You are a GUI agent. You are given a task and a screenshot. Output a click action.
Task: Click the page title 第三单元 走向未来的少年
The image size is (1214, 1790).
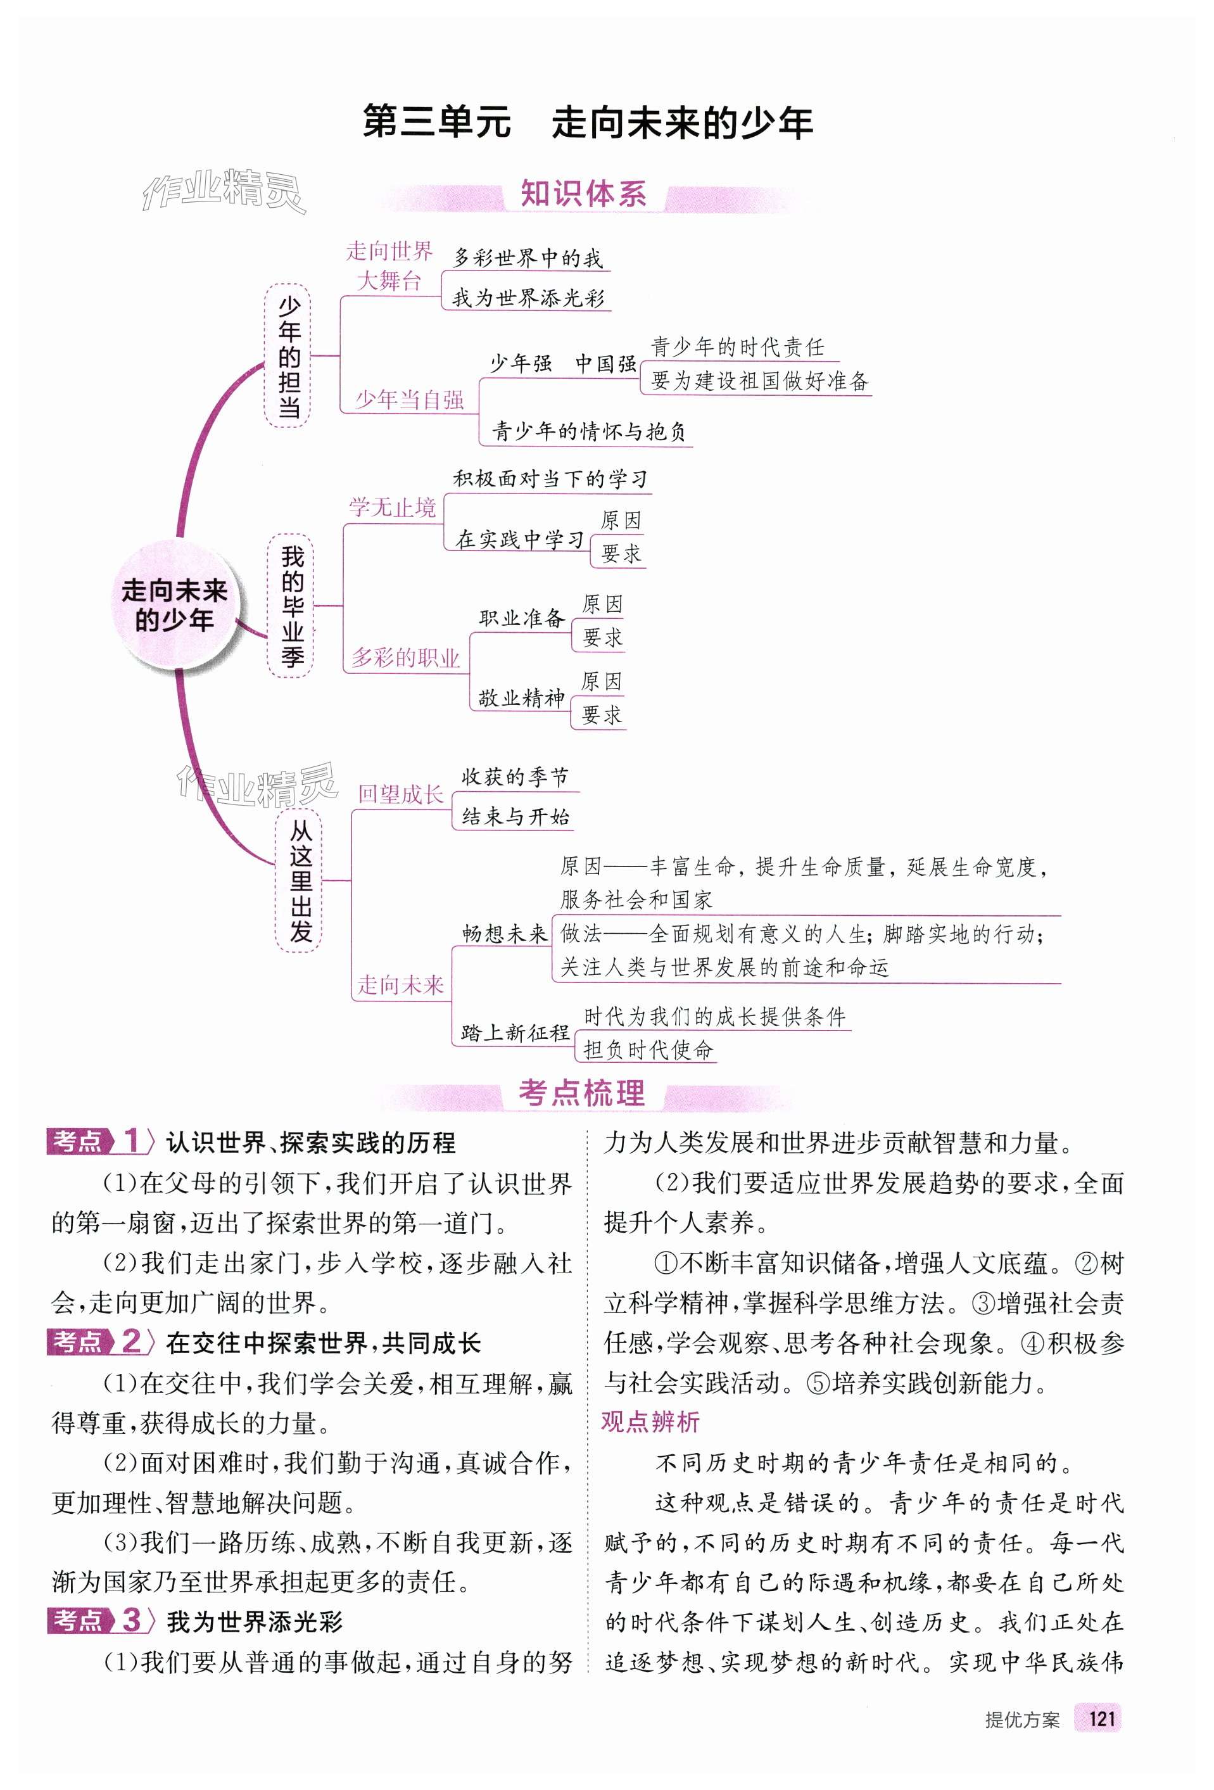587,124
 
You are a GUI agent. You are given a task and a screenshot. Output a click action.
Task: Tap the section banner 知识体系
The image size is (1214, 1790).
583,194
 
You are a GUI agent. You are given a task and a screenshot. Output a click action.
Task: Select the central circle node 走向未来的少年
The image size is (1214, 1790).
175,606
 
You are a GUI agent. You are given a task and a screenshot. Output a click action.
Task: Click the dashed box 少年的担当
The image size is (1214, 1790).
288,356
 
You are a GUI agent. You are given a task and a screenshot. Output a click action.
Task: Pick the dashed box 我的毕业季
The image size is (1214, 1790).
292,606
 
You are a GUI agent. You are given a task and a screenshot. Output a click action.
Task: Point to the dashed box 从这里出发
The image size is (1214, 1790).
300,880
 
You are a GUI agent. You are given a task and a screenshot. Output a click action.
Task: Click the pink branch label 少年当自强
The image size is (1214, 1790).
409,400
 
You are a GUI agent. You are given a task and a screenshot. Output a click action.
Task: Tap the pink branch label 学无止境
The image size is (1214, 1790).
392,507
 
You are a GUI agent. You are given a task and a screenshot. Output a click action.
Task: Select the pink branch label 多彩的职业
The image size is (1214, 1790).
405,657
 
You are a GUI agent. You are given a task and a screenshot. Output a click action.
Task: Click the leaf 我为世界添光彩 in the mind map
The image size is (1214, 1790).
528,298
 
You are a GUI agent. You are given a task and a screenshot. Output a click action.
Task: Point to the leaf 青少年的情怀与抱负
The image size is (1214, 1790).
590,431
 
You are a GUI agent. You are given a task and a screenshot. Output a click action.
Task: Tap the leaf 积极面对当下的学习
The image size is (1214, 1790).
550,479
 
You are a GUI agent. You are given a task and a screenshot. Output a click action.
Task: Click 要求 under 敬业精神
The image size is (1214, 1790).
602,714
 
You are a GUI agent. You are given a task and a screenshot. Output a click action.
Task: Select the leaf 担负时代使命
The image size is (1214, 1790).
648,1050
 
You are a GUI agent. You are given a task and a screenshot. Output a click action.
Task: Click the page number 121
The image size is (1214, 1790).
1101,1739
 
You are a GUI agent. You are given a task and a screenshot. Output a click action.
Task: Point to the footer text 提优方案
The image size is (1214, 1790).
1021,1740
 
